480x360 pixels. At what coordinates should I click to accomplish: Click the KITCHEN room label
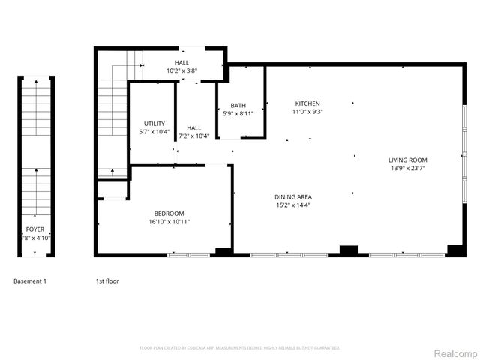307,103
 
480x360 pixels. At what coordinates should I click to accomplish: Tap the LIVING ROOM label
407,160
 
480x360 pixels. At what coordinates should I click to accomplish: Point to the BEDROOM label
169,214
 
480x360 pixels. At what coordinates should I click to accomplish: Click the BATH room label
238,106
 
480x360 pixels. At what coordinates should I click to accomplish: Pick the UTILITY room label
154,124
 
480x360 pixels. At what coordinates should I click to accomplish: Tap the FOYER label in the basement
35,229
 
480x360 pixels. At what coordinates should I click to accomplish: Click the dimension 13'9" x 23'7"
407,168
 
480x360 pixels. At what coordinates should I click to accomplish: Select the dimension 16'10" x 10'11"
169,222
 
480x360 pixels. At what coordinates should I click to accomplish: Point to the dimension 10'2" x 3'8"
182,71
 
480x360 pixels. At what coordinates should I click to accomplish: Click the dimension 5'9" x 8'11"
238,114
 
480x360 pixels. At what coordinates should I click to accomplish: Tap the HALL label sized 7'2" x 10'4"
194,128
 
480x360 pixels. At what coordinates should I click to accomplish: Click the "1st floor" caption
106,281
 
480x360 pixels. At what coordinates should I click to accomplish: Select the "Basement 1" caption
30,281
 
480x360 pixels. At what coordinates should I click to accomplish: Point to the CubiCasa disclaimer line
240,348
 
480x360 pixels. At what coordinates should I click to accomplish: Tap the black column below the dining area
349,250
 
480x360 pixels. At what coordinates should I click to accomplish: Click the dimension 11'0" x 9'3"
307,112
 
